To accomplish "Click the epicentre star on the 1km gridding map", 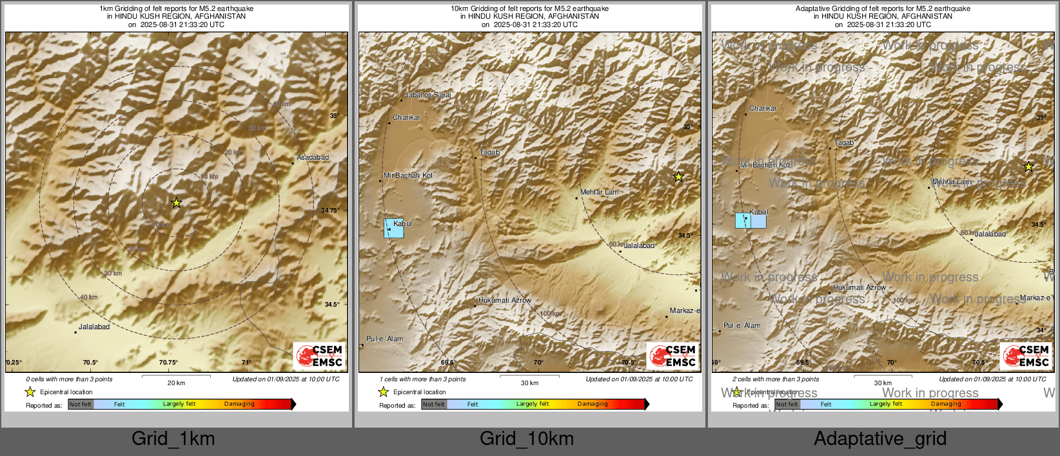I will pyautogui.click(x=176, y=203).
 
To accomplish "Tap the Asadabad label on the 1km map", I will pyautogui.click(x=313, y=158).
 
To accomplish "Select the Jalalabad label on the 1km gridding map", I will pyautogui.click(x=94, y=327).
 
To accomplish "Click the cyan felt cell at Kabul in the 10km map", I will pyautogui.click(x=394, y=229).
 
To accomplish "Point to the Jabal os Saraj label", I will pyautogui.click(x=427, y=95).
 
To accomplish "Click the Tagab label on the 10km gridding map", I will pyautogui.click(x=489, y=153).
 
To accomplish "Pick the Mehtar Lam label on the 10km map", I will pyautogui.click(x=599, y=193).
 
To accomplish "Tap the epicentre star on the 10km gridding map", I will pyautogui.click(x=678, y=177).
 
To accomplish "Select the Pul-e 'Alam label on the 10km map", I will pyautogui.click(x=385, y=339).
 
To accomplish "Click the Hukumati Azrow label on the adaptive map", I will pyautogui.click(x=859, y=288).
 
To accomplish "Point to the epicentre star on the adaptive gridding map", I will pyautogui.click(x=1028, y=167).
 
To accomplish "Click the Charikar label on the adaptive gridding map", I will pyautogui.click(x=763, y=109).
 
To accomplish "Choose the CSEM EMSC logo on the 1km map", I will pyautogui.click(x=320, y=356).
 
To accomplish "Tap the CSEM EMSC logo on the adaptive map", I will pyautogui.click(x=1026, y=356).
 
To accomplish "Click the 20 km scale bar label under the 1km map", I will pyautogui.click(x=176, y=383).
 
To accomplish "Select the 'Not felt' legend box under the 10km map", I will pyautogui.click(x=434, y=404).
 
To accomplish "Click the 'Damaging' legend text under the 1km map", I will pyautogui.click(x=239, y=404).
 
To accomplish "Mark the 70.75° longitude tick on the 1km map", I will pyautogui.click(x=168, y=363).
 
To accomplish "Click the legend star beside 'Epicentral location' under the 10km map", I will pyautogui.click(x=383, y=392).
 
